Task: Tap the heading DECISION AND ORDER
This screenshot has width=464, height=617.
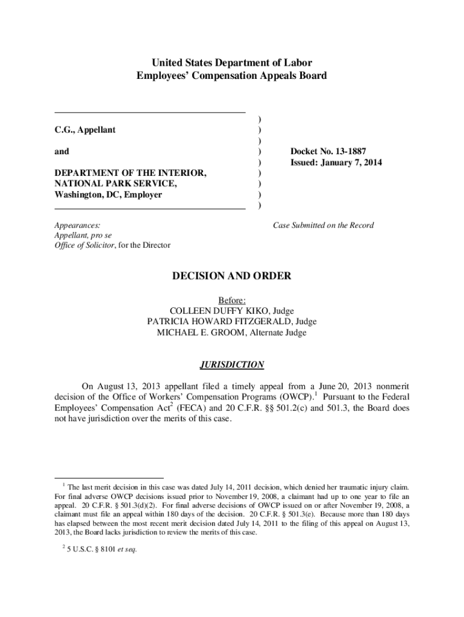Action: [231, 277]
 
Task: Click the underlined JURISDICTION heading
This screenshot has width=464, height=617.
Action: [231, 365]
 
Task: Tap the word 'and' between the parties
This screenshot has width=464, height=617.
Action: [61, 152]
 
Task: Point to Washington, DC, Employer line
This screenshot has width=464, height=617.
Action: [108, 195]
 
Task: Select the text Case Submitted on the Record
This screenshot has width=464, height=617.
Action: [323, 225]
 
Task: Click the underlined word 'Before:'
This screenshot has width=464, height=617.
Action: [231, 300]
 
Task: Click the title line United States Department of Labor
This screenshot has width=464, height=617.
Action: [231, 63]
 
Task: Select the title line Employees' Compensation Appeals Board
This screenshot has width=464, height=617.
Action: [231, 76]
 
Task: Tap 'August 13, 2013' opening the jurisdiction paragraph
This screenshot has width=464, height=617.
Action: [127, 386]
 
